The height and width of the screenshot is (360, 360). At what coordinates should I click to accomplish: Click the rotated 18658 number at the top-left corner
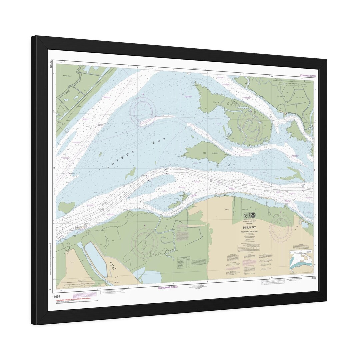(51, 63)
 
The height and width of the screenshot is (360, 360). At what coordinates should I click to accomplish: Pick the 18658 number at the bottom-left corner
(56, 296)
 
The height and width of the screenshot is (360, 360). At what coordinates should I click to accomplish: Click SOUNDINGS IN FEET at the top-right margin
(308, 76)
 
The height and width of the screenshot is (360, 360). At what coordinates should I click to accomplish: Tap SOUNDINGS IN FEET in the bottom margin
(168, 287)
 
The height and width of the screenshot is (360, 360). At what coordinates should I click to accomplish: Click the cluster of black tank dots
(113, 266)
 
